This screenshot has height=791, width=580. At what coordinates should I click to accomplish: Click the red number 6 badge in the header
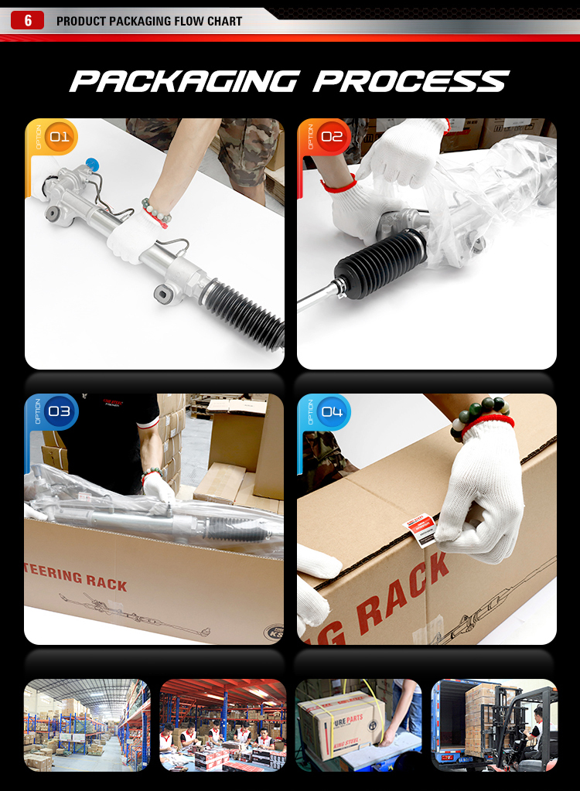28,21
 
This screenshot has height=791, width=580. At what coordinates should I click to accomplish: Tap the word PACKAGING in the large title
184,81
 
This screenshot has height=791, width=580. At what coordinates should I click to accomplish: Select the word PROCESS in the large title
411,81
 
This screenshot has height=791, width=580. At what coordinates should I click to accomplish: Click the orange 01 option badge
59,138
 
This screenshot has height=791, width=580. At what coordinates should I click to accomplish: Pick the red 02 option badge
331,138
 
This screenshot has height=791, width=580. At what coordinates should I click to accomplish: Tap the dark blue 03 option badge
59,411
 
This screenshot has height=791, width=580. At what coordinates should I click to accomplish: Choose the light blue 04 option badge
331,411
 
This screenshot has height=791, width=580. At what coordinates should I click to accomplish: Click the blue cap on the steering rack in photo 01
93,164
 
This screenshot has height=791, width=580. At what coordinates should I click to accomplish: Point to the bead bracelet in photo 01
155,211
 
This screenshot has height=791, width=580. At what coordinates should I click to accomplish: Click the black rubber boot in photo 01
245,314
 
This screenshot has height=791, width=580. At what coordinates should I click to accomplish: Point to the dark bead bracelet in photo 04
479,414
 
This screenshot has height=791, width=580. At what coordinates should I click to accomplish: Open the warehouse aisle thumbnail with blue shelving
87,725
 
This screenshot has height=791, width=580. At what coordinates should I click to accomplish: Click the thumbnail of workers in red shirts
223,725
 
